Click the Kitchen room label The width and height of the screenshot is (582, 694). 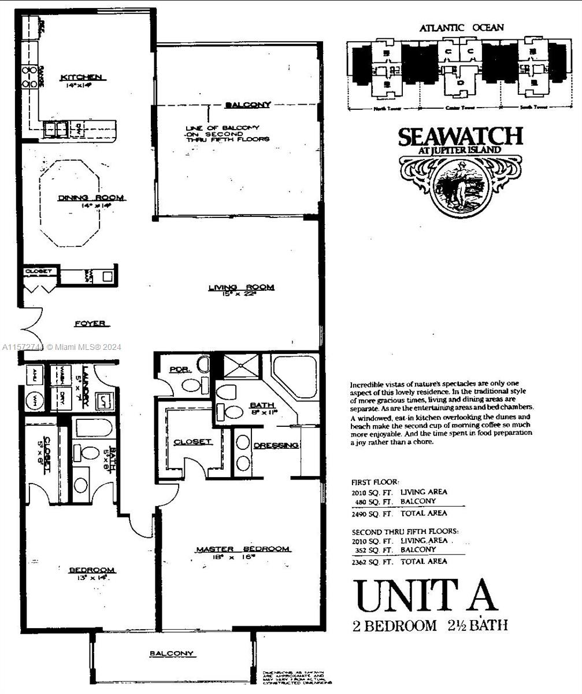[81, 77]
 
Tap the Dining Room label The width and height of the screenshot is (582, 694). [91, 198]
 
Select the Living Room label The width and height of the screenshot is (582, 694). [241, 287]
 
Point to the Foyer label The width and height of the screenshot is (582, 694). [91, 324]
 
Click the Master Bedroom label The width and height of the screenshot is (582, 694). [243, 549]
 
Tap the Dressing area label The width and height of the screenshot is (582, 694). [276, 445]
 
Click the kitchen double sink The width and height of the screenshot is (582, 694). [56, 128]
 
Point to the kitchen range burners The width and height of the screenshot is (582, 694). [29, 76]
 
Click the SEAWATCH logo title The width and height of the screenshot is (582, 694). [460, 137]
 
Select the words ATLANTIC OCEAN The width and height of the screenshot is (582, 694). [461, 27]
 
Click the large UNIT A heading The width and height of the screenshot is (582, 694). [425, 596]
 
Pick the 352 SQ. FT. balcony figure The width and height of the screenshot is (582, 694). [372, 550]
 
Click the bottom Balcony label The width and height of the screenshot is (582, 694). [172, 654]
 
